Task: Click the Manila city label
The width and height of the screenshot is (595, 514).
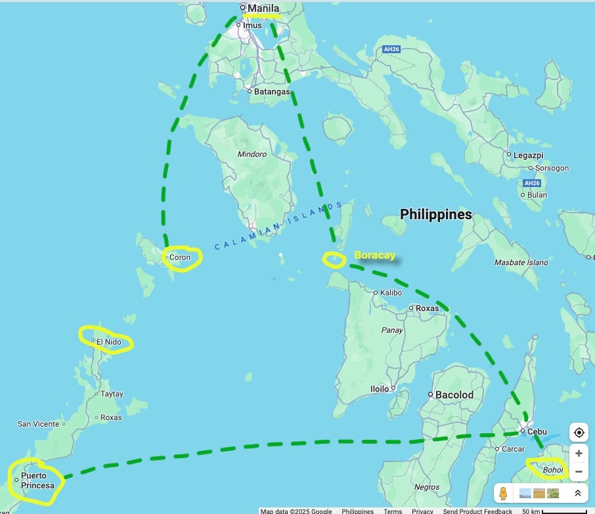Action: [x=263, y=9]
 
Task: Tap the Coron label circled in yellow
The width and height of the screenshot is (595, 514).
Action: [x=180, y=257]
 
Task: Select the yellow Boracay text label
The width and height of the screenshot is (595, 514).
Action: [x=375, y=255]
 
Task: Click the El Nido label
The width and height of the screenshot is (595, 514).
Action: [x=109, y=342]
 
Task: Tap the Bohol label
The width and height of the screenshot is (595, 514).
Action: [x=554, y=470]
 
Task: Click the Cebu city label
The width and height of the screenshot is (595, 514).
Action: [x=537, y=431]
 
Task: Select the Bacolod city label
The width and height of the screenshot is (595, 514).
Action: [x=454, y=395]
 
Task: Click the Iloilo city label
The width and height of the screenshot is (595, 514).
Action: [x=380, y=389]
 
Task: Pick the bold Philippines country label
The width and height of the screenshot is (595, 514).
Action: [x=436, y=215]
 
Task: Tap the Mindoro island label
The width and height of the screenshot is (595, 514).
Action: [x=252, y=154]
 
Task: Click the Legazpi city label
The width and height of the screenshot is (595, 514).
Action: [x=528, y=155]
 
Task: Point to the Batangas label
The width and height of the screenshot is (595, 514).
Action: [x=272, y=91]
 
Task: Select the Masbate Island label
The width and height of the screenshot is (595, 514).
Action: [x=521, y=263]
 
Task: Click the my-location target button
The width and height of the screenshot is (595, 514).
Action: [x=579, y=433]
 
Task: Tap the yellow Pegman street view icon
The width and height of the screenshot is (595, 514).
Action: [x=504, y=493]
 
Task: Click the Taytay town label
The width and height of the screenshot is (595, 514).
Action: [x=112, y=394]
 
